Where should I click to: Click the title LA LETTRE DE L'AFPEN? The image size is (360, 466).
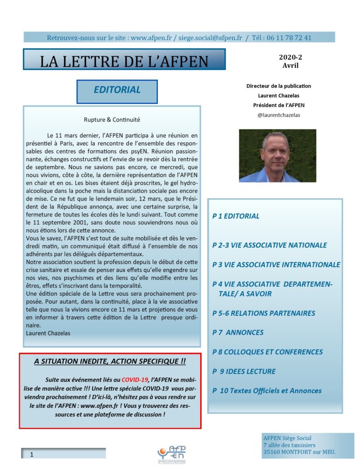[124, 61]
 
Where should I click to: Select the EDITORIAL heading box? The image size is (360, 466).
[117, 90]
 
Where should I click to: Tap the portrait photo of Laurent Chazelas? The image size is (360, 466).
[271, 156]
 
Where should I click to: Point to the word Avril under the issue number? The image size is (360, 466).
[290, 66]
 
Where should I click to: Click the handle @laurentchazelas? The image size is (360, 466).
[279, 115]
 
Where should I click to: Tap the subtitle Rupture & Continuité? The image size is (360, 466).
[112, 120]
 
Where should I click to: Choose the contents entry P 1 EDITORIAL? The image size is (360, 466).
[236, 216]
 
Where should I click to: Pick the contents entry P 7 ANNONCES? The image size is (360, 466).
[238, 332]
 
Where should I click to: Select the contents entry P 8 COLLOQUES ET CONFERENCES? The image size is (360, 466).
[267, 352]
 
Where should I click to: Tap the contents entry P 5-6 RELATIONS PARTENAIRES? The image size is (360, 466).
[264, 313]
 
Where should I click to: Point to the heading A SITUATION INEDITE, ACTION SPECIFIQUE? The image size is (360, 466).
[110, 361]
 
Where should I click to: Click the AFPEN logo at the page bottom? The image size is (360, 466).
[172, 452]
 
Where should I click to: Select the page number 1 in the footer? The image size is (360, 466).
[31, 454]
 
